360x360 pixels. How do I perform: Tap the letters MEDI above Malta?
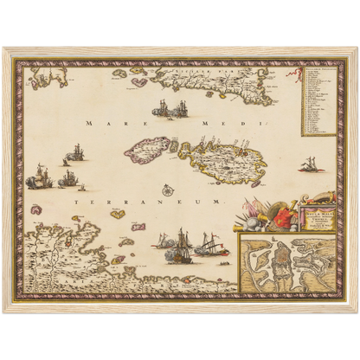pos(215,126)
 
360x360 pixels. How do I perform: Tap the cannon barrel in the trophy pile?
pos(260,222)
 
